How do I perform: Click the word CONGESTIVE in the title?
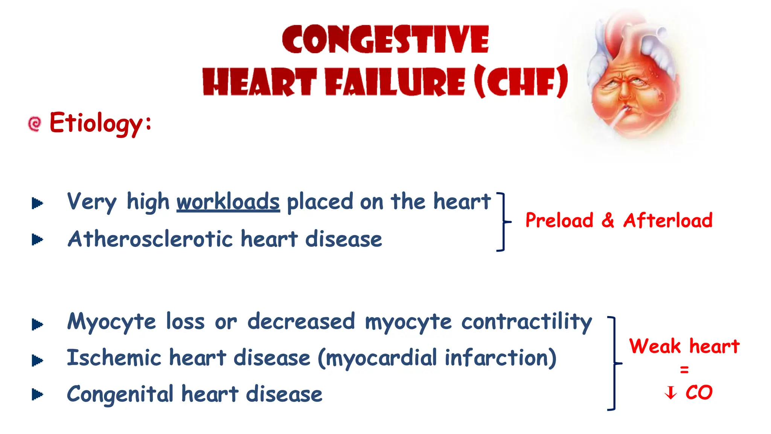[385, 39]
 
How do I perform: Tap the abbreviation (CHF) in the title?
[521, 82]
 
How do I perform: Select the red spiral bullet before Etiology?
[35, 124]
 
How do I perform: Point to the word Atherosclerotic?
[150, 239]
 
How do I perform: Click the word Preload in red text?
[559, 220]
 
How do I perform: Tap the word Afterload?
[668, 220]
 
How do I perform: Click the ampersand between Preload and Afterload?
[608, 220]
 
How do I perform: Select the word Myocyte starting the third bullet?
[111, 322]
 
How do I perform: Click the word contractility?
[527, 322]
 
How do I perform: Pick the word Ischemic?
[114, 358]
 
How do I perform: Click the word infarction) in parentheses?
[501, 358]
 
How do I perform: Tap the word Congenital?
[120, 394]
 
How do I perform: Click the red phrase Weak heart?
[684, 346]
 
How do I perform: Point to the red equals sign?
[684, 370]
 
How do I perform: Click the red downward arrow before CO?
[670, 393]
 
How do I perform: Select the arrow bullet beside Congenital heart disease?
[37, 394]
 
